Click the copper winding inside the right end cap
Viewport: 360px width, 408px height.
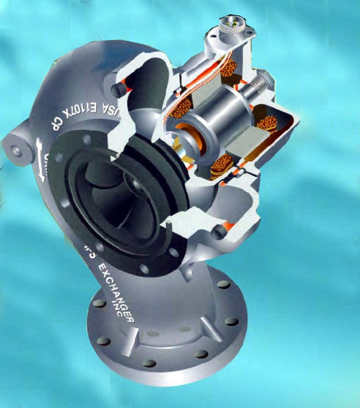(267, 123)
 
